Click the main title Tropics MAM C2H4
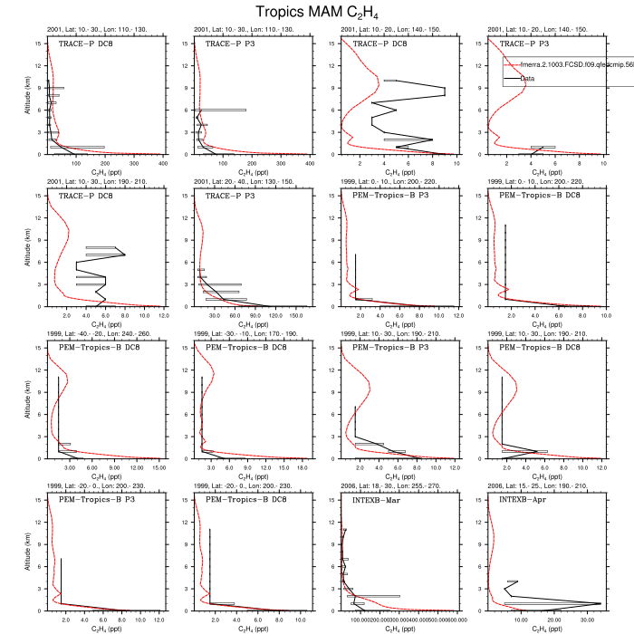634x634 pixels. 316,12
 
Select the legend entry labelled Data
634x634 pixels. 527,79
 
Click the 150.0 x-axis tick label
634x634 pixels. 296,316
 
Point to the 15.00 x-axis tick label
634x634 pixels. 158,468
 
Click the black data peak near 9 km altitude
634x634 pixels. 444,91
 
